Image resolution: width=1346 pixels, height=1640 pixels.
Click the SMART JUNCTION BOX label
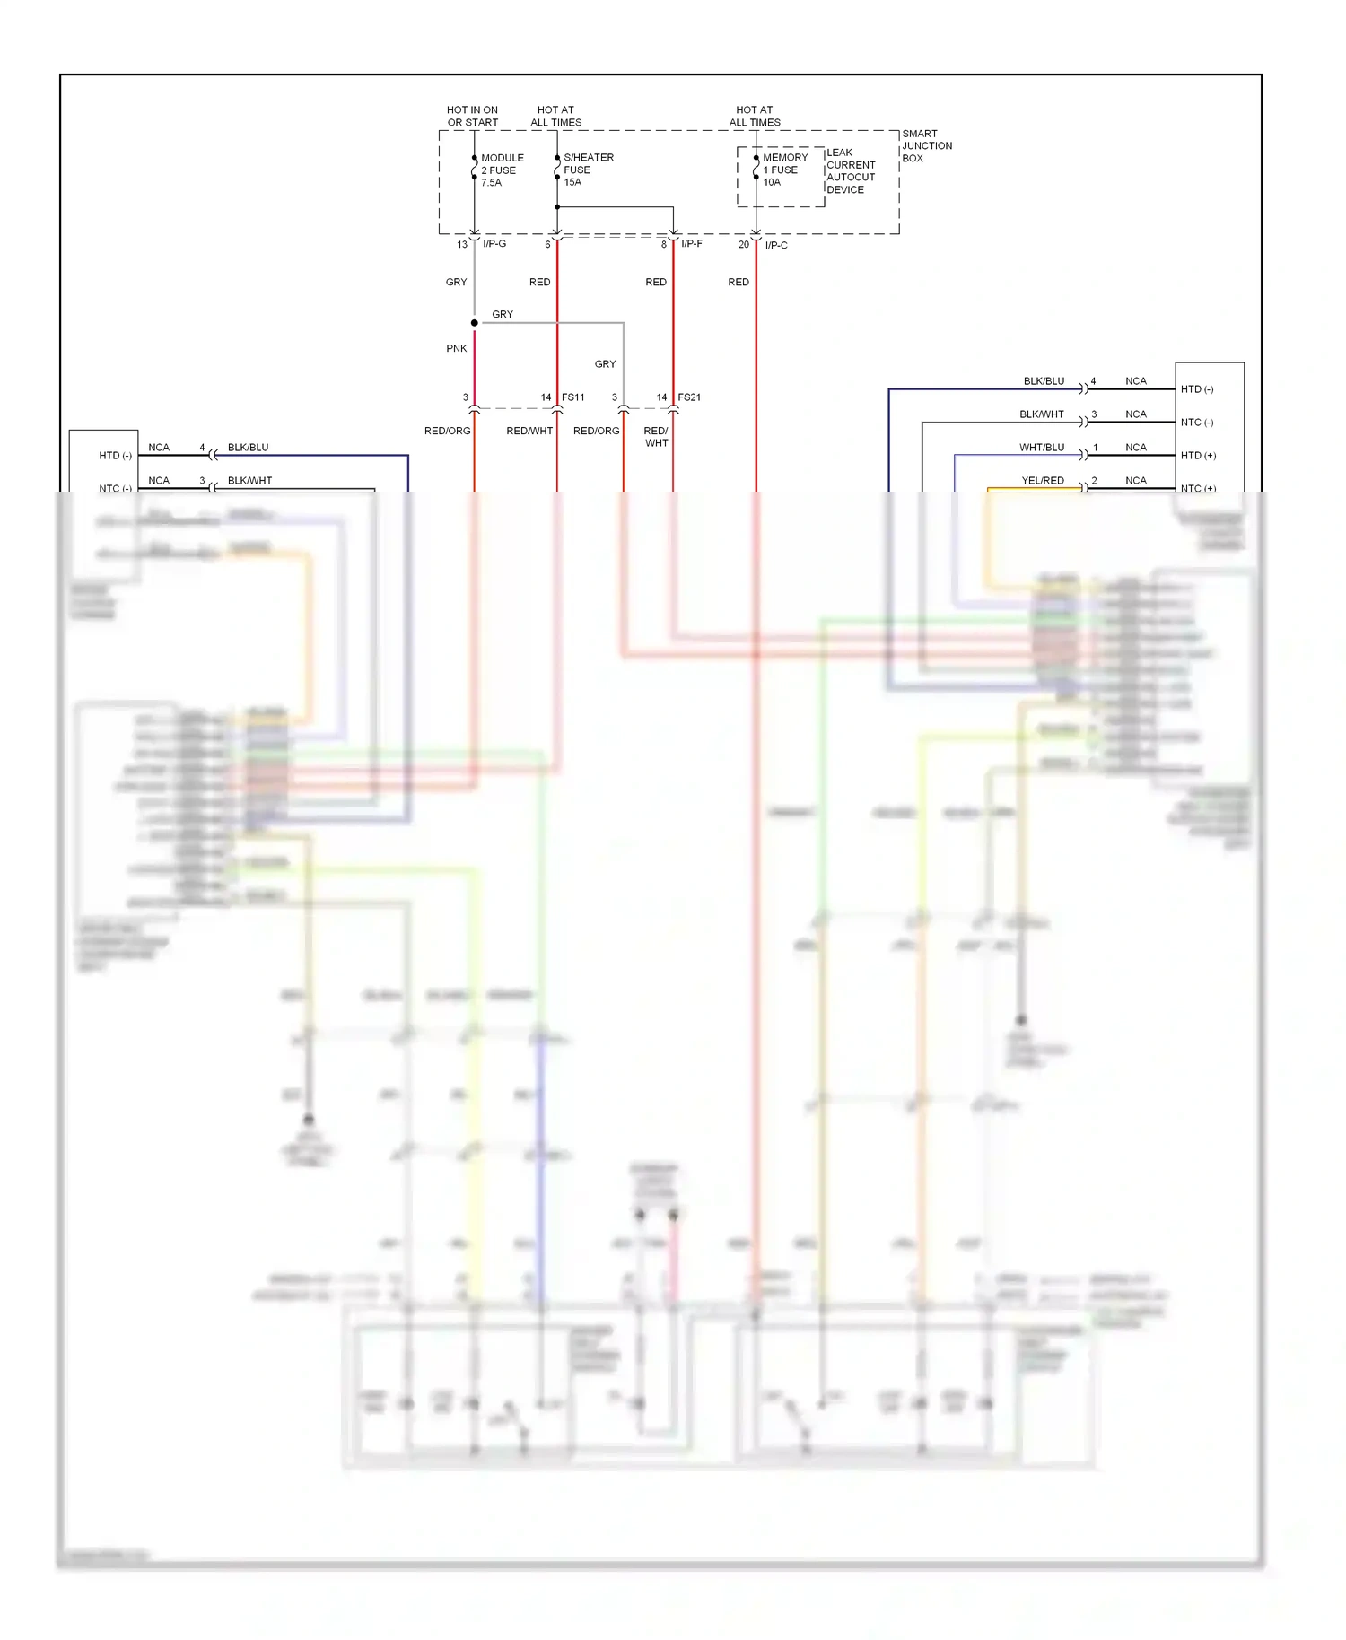926,145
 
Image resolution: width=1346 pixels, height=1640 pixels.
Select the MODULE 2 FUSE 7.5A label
501,170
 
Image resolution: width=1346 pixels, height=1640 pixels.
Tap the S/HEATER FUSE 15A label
588,170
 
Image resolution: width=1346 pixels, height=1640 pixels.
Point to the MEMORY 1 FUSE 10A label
783,170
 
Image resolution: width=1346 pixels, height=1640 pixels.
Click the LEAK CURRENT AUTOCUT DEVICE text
850,171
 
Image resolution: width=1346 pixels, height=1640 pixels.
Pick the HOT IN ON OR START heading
472,117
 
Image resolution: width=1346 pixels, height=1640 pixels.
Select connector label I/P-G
494,244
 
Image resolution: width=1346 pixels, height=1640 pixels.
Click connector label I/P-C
776,245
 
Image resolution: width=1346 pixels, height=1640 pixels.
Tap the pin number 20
743,245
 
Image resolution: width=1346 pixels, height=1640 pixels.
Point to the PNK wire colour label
456,348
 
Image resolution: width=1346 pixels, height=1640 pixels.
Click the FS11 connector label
572,397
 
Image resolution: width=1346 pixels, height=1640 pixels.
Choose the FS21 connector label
689,397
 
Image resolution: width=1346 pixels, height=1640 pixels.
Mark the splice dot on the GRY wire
475,323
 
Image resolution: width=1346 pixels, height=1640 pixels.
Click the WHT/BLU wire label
1041,448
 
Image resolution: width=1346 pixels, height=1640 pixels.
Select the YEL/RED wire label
1042,481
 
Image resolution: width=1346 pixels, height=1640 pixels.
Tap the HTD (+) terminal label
1198,456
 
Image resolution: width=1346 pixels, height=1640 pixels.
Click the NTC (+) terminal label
1198,488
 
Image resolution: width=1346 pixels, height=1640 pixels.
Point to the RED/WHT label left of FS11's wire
529,432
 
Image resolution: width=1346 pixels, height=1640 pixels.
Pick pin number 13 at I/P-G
462,245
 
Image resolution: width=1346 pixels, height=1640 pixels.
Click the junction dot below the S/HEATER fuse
557,207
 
